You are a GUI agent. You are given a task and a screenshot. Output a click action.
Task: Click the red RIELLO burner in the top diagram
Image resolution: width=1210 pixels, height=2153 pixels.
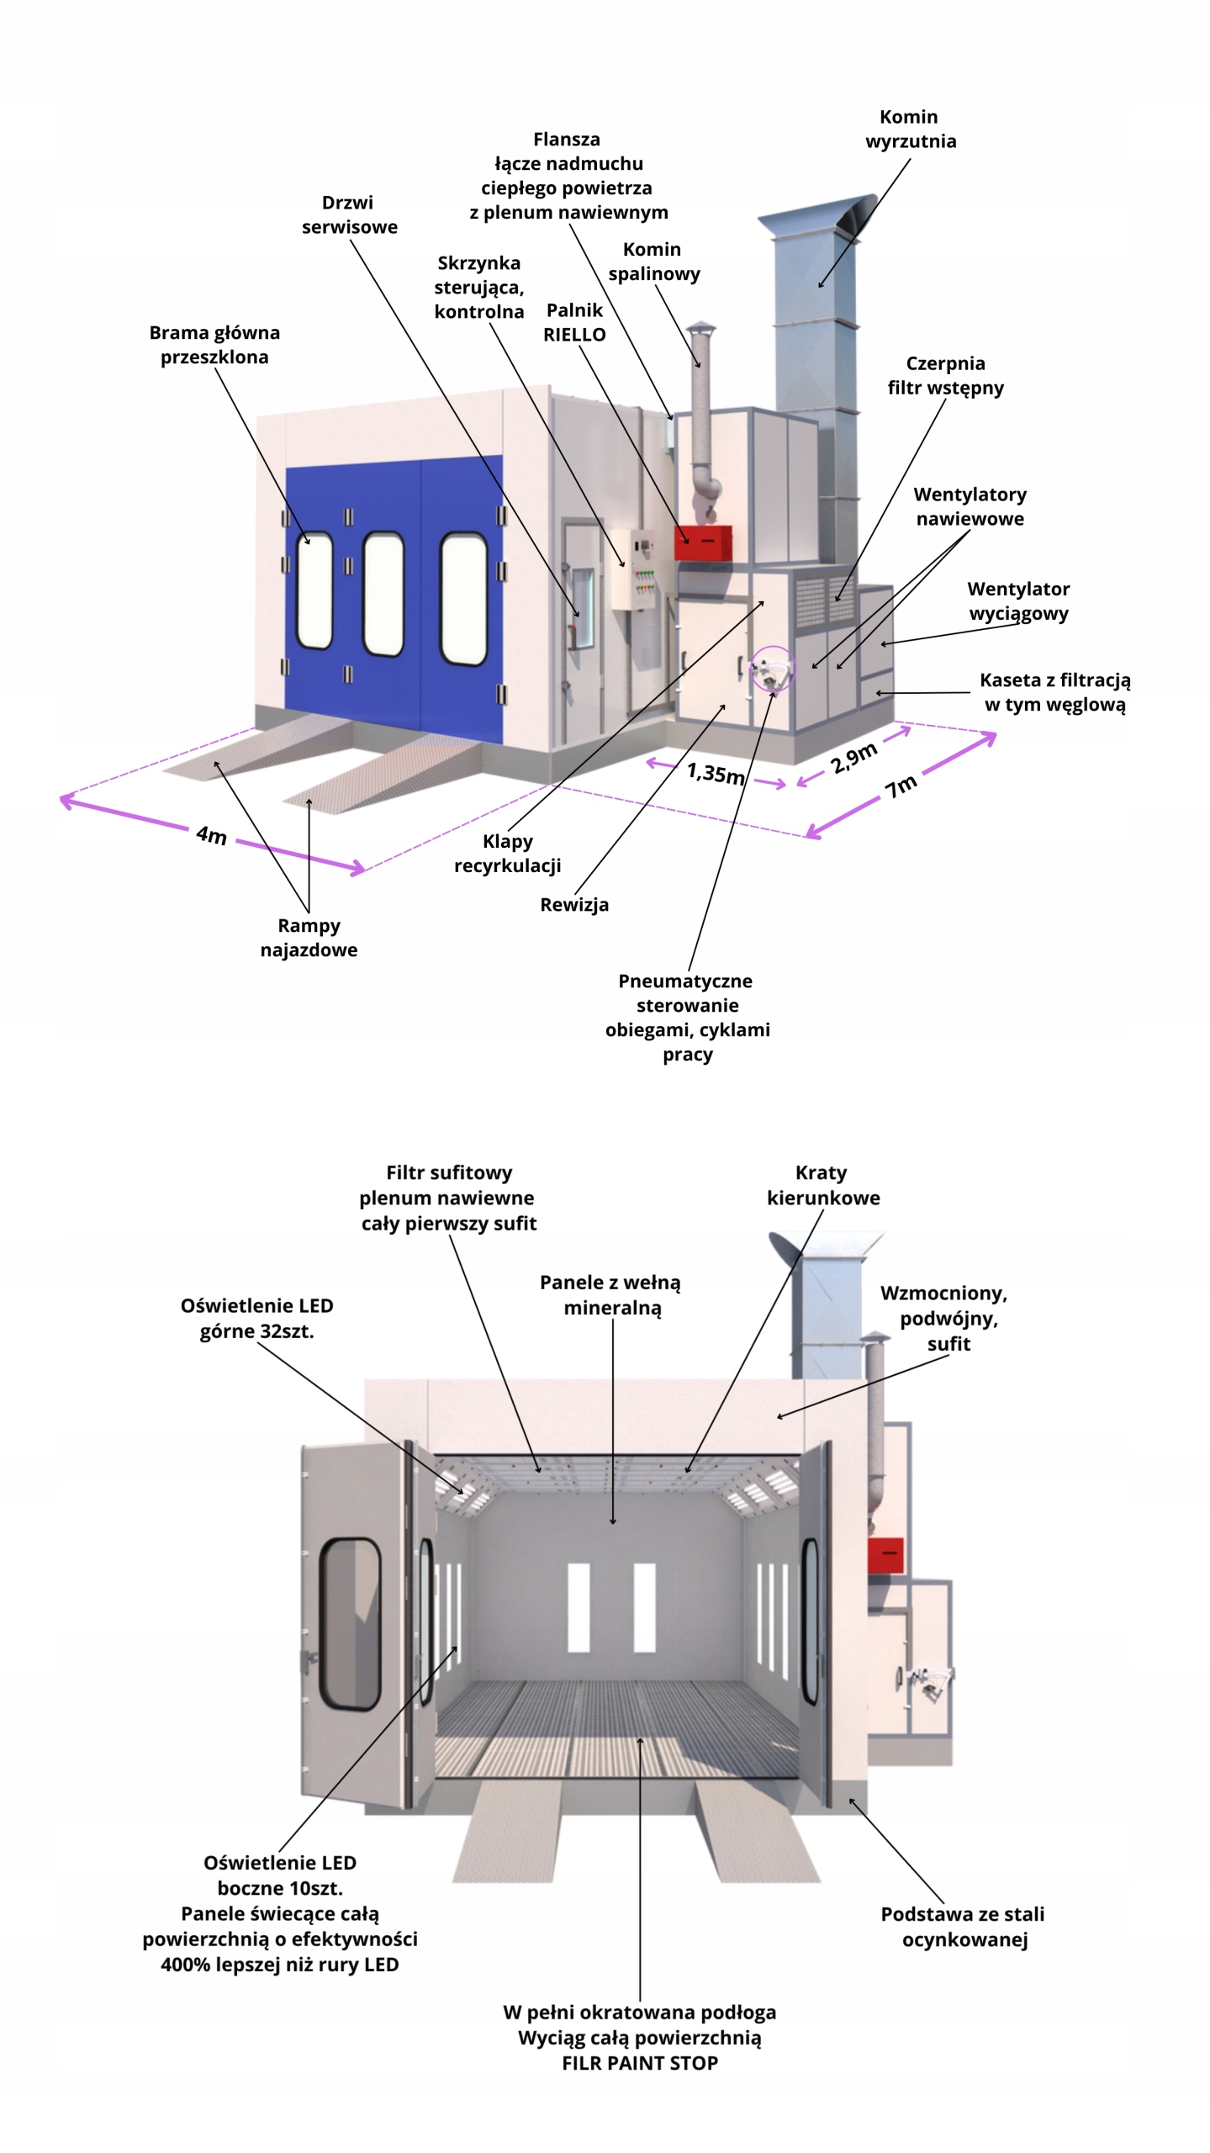[x=702, y=542]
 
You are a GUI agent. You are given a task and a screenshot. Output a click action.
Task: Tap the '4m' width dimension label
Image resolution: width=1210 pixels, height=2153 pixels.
[x=211, y=835]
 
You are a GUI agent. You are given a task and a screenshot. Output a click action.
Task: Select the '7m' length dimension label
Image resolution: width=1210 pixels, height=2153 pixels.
[x=901, y=786]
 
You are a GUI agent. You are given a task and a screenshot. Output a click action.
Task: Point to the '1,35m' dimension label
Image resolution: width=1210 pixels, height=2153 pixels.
[x=716, y=772]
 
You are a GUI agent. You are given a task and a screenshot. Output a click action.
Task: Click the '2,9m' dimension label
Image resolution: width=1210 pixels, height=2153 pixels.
[x=853, y=758]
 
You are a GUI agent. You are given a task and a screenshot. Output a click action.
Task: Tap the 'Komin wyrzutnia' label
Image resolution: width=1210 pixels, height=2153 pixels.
[x=910, y=129]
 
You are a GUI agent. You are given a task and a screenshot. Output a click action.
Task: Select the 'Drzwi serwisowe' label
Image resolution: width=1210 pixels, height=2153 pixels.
[x=349, y=214]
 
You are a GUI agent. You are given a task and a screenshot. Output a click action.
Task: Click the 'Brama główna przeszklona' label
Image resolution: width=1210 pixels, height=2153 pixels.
[x=214, y=345]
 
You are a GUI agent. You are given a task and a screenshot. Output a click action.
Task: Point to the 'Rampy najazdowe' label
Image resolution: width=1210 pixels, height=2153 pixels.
[x=309, y=937]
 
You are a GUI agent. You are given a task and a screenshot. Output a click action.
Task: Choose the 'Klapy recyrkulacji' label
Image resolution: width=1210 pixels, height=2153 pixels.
[x=507, y=853]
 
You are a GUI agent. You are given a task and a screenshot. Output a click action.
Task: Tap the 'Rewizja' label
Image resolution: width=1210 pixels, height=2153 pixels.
[x=574, y=905]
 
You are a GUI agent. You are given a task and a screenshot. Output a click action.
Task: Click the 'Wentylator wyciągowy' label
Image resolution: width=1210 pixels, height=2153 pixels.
[x=1018, y=600]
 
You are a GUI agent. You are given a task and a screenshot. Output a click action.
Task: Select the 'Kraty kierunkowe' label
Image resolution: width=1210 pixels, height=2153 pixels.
[x=822, y=1184]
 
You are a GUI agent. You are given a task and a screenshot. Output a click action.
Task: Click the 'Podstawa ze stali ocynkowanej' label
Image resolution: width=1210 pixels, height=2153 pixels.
[x=963, y=1926]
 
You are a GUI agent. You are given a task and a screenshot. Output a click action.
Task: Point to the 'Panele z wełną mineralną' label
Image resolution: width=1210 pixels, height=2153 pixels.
[x=611, y=1294]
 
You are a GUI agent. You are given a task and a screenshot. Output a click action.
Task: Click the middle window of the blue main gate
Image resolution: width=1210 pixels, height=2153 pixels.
[x=383, y=593]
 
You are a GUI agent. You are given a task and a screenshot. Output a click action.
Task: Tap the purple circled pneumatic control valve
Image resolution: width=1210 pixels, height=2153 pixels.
[x=772, y=669]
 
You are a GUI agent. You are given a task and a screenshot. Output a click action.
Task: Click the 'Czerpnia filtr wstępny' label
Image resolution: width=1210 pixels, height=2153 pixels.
[x=945, y=375]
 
